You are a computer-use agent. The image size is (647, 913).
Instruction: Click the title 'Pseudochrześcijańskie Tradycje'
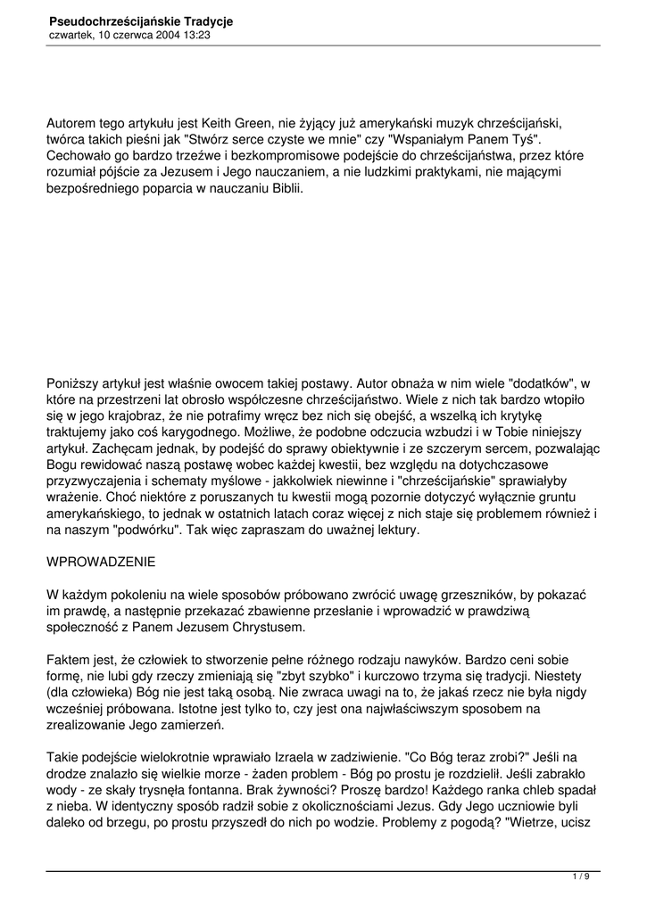pyautogui.click(x=140, y=20)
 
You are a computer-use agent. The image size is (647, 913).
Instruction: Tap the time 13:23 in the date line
pyautogui.click(x=197, y=35)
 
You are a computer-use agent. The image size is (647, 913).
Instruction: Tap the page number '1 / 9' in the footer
pyautogui.click(x=580, y=877)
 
